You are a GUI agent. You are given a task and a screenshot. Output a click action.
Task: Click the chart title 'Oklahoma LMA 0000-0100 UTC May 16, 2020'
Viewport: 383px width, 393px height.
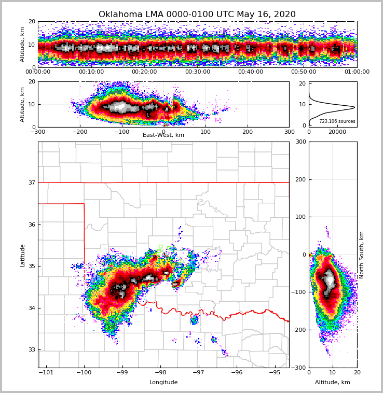pyautogui.click(x=197, y=15)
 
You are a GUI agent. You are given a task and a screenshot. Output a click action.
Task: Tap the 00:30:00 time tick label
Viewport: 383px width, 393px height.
pyautogui.click(x=197, y=72)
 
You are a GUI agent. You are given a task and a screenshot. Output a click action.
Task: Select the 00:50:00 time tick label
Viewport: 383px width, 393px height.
pyautogui.click(x=304, y=72)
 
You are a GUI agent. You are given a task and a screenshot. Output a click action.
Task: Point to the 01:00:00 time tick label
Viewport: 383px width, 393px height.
pyautogui.click(x=357, y=72)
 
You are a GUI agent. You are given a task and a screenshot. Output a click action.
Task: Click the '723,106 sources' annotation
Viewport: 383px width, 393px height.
pyautogui.click(x=337, y=121)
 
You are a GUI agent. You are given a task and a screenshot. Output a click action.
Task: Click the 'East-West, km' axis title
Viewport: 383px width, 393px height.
pyautogui.click(x=163, y=135)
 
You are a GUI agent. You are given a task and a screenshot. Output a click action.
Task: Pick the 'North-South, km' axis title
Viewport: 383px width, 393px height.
pyautogui.click(x=362, y=255)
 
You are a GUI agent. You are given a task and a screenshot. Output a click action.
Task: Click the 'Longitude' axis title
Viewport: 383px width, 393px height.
pyautogui.click(x=163, y=383)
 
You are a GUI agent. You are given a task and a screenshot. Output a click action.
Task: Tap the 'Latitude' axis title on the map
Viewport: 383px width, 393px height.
pyautogui.click(x=22, y=255)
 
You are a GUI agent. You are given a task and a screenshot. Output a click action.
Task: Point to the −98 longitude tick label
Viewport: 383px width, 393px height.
pyautogui.click(x=160, y=372)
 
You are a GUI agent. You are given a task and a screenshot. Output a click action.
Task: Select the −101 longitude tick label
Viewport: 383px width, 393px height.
pyautogui.click(x=46, y=372)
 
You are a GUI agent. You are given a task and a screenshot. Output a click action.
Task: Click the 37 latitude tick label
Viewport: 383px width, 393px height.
pyautogui.click(x=31, y=183)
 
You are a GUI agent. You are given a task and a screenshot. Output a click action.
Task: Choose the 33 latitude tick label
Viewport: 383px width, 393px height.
pyautogui.click(x=31, y=350)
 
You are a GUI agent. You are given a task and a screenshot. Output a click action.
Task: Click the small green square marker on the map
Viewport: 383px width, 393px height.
pyautogui.click(x=160, y=246)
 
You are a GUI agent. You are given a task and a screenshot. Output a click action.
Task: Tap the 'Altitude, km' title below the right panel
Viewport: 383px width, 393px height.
pyautogui.click(x=333, y=383)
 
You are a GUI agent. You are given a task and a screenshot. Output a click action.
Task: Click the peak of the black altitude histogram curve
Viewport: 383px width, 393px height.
pyautogui.click(x=354, y=107)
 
